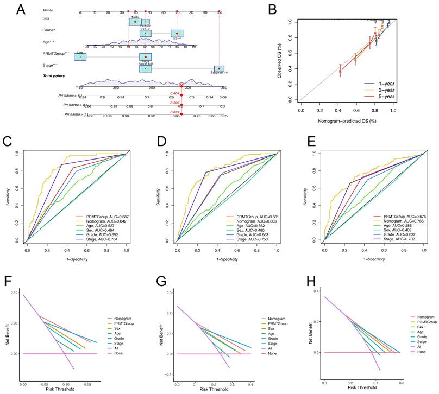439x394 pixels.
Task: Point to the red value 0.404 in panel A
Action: (x=174, y=93)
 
